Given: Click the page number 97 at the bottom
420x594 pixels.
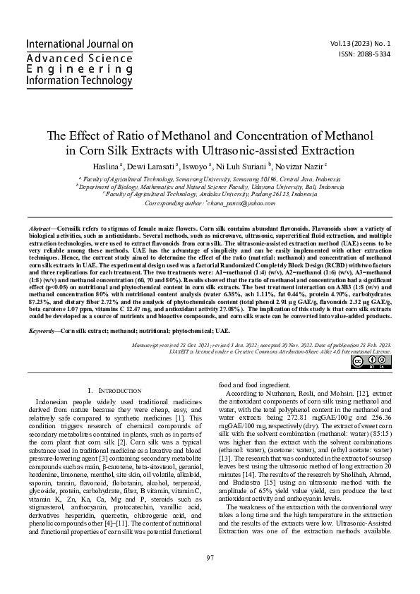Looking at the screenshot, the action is click(210, 578).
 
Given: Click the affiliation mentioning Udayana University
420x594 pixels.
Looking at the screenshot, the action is click(210, 187).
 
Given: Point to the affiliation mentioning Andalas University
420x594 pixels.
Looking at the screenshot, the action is click(210, 195).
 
